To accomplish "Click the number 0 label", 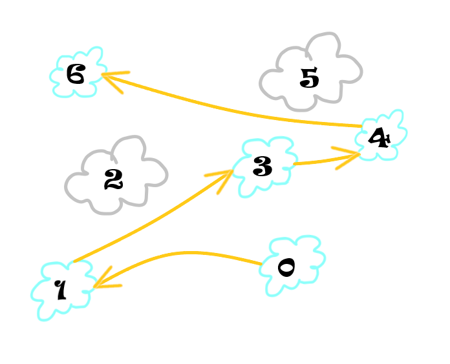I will tap(286, 267).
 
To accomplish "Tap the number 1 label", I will tap(60, 290).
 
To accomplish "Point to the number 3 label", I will tap(262, 167).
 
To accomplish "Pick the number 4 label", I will tap(379, 137).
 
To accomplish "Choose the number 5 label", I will tap(310, 78).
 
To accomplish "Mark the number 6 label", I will tap(76, 75).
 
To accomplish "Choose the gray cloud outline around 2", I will tap(68, 187).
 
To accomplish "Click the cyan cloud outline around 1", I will tap(34, 294).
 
